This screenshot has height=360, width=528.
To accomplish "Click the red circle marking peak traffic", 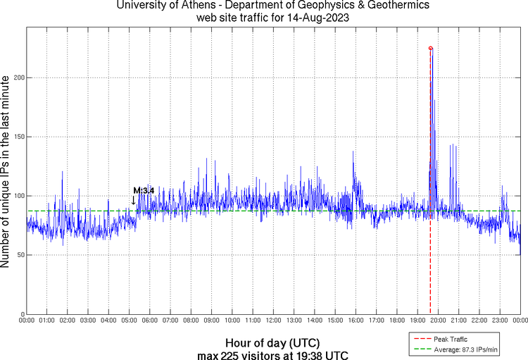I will click(x=431, y=48).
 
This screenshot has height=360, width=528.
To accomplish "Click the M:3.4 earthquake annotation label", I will click(x=144, y=190).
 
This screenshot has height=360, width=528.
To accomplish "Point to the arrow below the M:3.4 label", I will click(x=134, y=200).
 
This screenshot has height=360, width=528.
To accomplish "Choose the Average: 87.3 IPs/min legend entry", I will click(x=461, y=349).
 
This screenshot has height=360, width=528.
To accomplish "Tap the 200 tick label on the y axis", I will click(x=18, y=77).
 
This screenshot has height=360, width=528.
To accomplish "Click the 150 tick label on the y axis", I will click(x=18, y=137).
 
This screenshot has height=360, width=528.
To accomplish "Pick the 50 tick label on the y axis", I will click(x=20, y=255).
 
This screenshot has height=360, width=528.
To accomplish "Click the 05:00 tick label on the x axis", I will click(x=129, y=321).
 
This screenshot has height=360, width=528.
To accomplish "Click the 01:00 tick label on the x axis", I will click(x=46, y=321).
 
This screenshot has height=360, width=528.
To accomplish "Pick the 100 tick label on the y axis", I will click(x=18, y=196).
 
